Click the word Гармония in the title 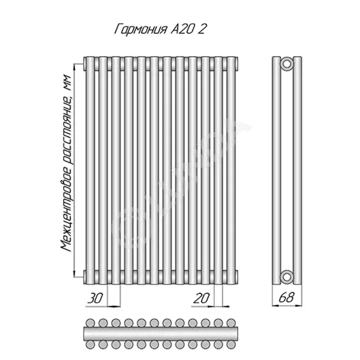pos(140,29)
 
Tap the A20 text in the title pos(182,29)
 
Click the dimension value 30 pos(95,298)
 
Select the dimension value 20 pos(202,298)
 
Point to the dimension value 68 pos(286,297)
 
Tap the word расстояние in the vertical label pos(67,130)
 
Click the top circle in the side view pos(287,63)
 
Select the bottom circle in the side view pos(287,277)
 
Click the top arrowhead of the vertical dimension pos(74,67)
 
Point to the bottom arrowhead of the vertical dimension pos(74,274)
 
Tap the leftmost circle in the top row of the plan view pos(90,323)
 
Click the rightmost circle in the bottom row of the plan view pos(231,344)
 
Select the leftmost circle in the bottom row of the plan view pos(90,344)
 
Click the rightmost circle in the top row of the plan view pos(231,323)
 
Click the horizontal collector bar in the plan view pos(161,334)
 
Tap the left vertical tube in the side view pos(277,170)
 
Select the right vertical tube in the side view pos(297,170)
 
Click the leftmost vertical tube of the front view pos(90,170)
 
